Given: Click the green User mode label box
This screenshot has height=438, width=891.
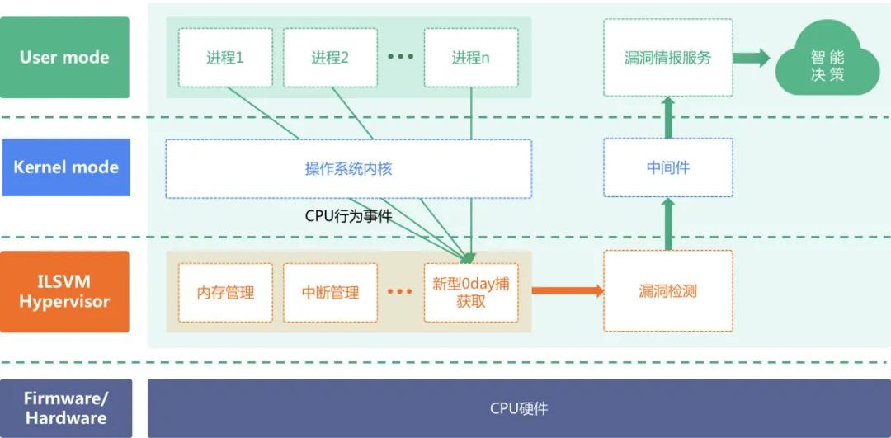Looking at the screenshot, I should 64,58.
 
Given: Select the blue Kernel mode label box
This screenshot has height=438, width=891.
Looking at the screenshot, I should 66,167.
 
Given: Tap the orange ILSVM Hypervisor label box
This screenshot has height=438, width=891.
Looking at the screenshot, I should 64,292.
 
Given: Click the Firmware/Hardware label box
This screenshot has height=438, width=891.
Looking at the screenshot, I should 66,408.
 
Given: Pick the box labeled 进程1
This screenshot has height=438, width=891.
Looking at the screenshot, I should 225,58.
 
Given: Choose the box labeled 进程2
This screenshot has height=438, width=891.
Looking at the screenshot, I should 330,58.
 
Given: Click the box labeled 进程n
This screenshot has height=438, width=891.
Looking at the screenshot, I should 471,58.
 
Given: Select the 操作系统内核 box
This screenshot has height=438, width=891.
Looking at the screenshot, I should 348,169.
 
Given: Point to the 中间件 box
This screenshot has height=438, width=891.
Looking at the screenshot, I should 668,167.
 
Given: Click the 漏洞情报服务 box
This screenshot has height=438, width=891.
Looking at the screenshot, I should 668,58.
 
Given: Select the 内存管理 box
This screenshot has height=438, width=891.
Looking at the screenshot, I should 225,293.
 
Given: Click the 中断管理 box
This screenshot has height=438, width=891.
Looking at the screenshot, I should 330,293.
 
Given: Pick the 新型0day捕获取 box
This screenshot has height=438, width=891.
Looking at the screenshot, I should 471,293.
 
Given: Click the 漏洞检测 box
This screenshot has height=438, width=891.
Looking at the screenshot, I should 668,291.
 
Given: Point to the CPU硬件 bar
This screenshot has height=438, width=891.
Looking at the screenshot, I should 518,408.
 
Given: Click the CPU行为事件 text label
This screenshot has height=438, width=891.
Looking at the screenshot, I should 348,217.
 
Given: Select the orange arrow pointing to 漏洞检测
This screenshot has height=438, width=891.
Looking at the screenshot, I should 568,290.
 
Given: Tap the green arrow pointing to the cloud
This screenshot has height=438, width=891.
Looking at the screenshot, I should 752,58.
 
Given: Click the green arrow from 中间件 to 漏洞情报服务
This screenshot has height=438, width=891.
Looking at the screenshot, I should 668,116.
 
